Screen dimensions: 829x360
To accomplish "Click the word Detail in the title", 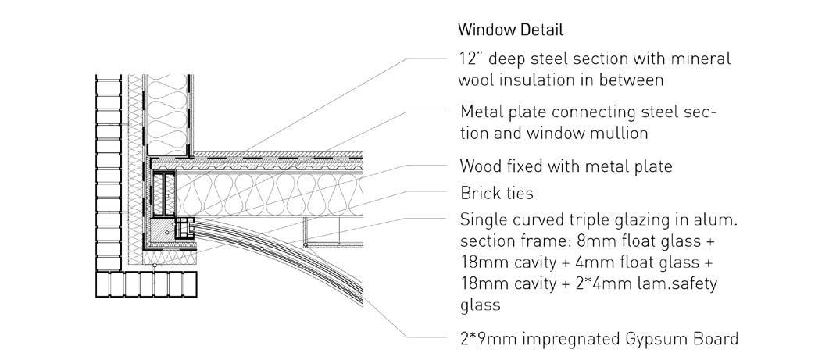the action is click(537, 31).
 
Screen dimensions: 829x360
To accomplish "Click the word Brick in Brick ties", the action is click(480, 193).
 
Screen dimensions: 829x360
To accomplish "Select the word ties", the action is click(521, 193).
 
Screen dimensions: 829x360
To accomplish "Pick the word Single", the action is click(483, 219).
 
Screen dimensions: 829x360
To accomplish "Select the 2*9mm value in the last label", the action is click(487, 339).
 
